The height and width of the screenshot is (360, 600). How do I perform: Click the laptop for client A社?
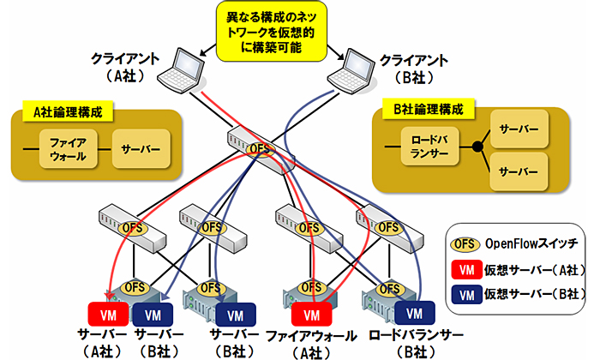pyautogui.click(x=186, y=68)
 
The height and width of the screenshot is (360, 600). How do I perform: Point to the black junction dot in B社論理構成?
pyautogui.click(x=477, y=148)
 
